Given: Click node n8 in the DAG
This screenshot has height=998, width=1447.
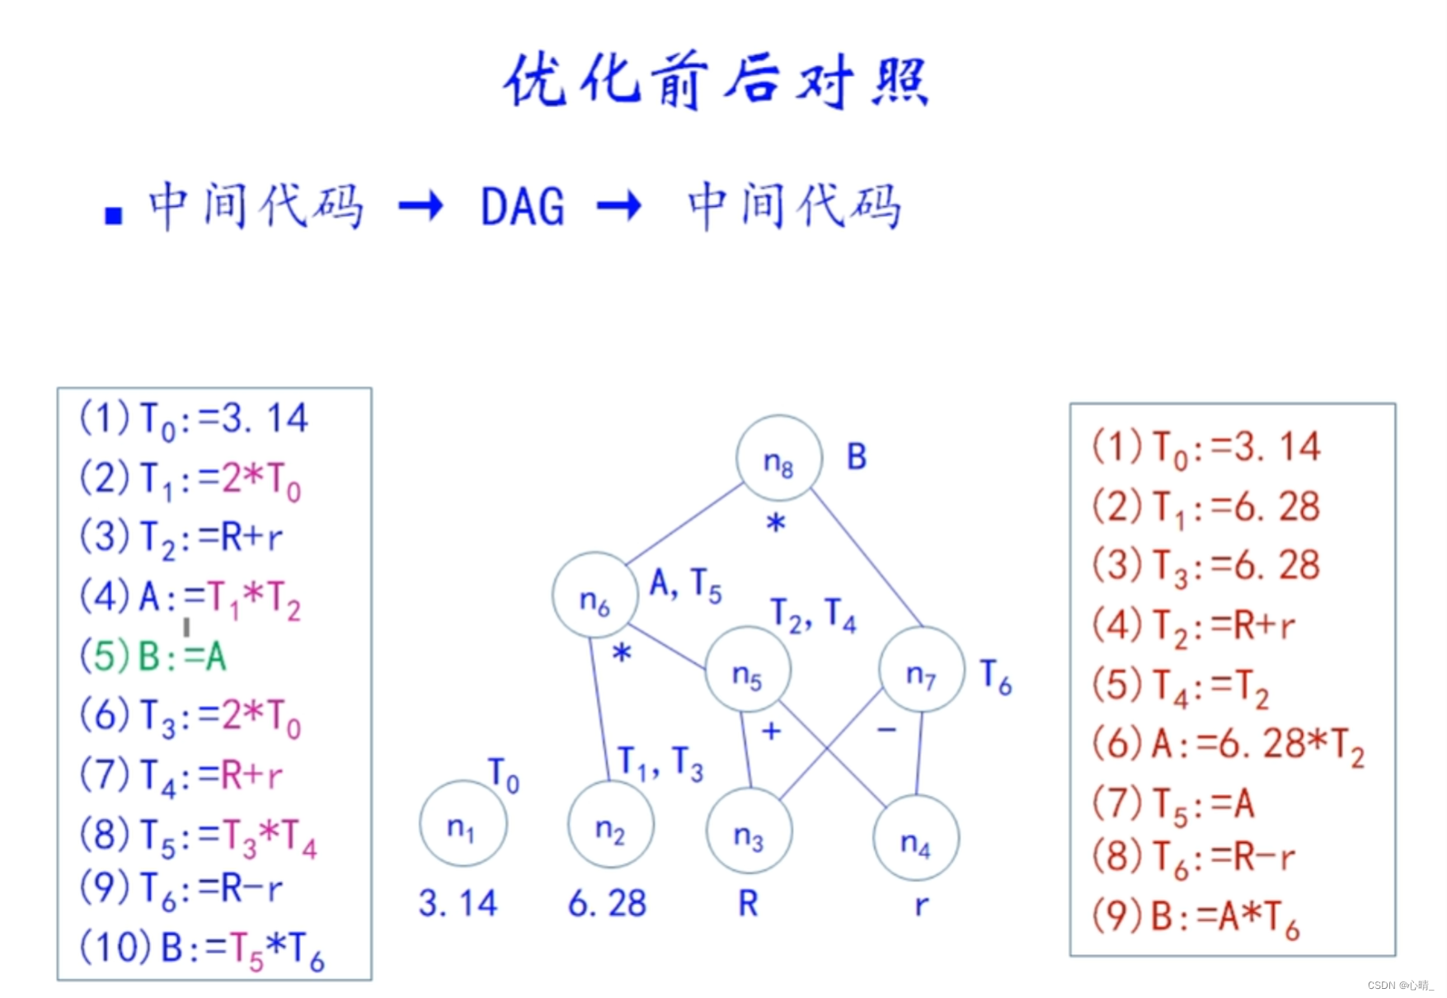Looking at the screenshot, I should (x=778, y=459).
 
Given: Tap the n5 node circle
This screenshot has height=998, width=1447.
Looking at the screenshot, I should (x=748, y=670).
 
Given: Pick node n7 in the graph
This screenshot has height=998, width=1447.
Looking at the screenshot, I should (x=921, y=670).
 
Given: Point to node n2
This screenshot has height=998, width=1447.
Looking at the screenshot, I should (x=611, y=824).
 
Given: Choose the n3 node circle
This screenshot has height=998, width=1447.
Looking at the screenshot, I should (x=749, y=831).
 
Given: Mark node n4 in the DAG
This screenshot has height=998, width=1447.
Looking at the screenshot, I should (x=915, y=837).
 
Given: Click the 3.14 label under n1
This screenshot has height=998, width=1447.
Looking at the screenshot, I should (x=458, y=903).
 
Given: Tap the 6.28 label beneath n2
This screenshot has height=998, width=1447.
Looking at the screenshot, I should (x=608, y=903).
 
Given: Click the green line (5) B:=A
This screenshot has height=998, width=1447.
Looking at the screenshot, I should (x=153, y=657).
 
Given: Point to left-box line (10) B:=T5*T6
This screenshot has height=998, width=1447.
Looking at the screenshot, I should (x=201, y=949).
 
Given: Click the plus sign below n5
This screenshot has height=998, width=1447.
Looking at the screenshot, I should (x=771, y=731).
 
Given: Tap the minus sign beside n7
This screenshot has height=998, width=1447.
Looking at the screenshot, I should (x=886, y=730).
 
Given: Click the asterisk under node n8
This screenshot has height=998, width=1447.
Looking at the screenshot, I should (x=776, y=523).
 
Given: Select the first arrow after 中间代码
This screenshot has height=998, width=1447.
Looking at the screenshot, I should (x=420, y=206).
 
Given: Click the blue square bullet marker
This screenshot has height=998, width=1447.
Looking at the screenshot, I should (x=114, y=216).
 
